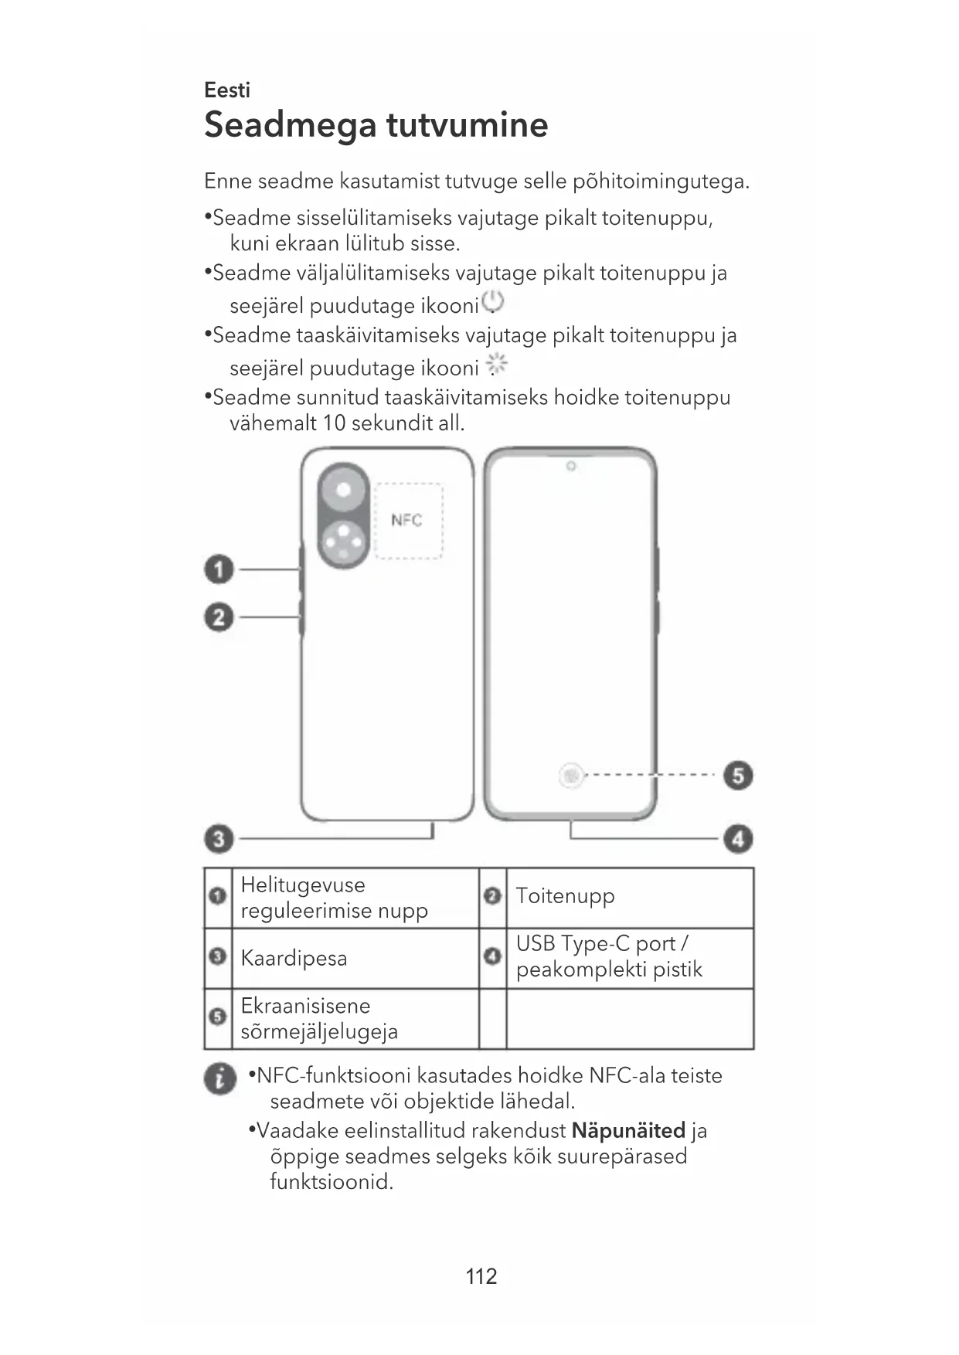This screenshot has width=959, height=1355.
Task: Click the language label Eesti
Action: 227,90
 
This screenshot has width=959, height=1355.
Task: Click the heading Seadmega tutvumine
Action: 376,125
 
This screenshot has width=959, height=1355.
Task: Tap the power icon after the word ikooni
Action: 492,303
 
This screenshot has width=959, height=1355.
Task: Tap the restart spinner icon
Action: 497,365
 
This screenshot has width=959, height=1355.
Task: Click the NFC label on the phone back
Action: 406,520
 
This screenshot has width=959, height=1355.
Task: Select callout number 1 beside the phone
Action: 219,570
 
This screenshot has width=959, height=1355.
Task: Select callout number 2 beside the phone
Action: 219,618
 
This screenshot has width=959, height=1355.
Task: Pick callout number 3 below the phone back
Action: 219,839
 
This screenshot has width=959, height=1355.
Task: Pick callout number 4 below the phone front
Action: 738,839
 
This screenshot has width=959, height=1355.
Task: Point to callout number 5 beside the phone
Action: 738,775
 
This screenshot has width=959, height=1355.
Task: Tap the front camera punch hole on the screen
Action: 570,467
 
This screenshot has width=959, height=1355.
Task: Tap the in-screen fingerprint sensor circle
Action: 571,775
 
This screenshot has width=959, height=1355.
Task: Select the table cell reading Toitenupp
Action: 566,897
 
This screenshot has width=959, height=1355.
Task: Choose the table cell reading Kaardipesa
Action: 294,959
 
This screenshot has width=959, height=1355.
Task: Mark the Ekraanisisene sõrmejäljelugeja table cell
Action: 318,1019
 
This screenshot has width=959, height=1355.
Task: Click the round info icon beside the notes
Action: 220,1078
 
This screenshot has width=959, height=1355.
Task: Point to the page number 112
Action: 481,1276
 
